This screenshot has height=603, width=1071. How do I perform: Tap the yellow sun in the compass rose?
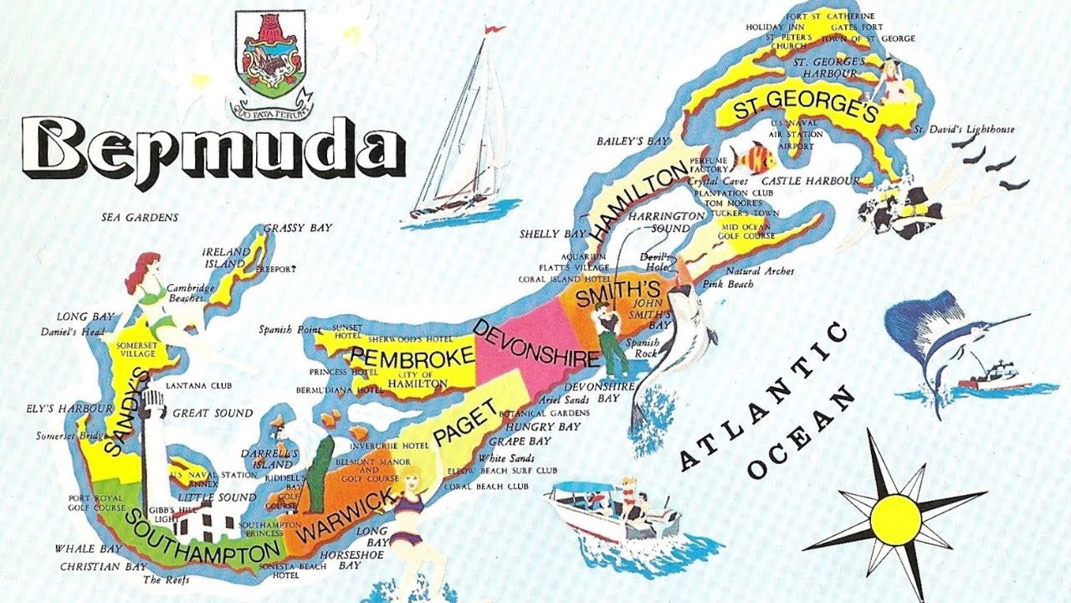[895, 518]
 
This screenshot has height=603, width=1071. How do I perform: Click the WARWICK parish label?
[345, 515]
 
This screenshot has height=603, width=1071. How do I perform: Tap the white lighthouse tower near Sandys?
[153, 444]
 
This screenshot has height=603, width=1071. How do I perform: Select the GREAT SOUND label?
[212, 413]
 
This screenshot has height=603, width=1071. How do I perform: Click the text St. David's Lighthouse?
[963, 130]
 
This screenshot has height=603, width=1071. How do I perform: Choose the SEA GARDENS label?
[140, 218]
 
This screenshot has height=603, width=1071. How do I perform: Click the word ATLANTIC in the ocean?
[766, 394]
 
